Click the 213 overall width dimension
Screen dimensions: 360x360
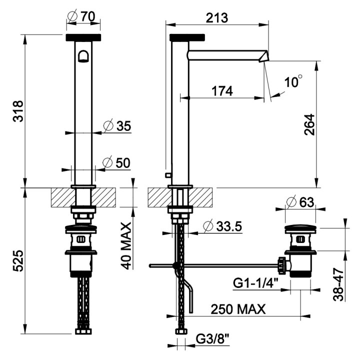click(x=217, y=17)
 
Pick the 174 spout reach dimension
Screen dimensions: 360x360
click(x=222, y=91)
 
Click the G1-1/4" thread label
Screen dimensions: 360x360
click(x=255, y=284)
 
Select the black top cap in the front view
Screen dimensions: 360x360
click(x=83, y=37)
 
